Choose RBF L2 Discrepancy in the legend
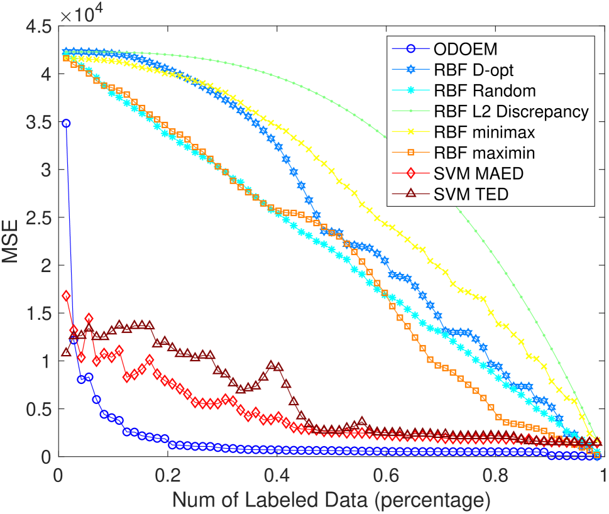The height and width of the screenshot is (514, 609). (510, 112)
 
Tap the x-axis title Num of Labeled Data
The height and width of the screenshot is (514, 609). (331, 500)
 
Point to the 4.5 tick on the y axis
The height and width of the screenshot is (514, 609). (37, 26)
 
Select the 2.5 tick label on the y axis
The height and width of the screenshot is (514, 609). (37, 218)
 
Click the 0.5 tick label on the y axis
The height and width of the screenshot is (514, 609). (37, 409)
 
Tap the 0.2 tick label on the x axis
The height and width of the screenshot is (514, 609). (168, 476)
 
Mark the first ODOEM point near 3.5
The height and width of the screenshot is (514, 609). (66, 123)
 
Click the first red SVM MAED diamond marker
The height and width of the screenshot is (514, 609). (66, 295)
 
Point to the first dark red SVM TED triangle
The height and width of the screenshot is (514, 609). (66, 352)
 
